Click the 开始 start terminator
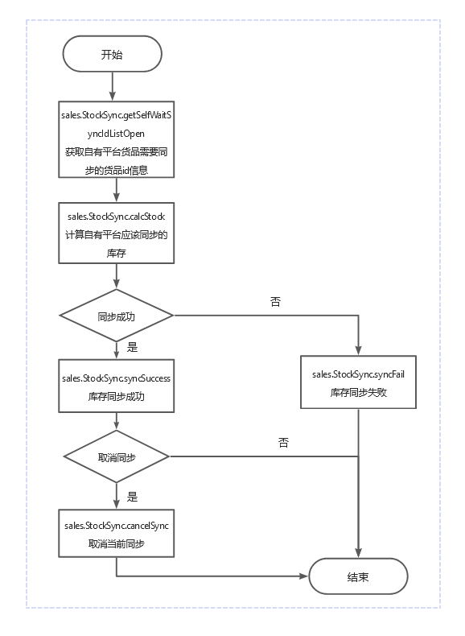(x=113, y=54)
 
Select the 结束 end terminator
(x=358, y=576)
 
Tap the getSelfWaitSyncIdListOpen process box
(x=117, y=139)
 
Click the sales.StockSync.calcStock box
(x=117, y=233)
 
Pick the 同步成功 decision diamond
(x=117, y=316)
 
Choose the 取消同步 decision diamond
(x=117, y=456)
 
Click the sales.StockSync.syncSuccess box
(x=117, y=386)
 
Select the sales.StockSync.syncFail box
(x=358, y=382)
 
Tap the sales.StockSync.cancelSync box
(x=117, y=534)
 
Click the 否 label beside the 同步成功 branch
(x=275, y=301)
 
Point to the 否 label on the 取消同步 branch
(x=283, y=442)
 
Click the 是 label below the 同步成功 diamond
(x=132, y=347)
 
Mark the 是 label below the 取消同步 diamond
(x=132, y=497)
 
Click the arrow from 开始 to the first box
(x=113, y=86)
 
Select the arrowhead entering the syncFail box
(x=358, y=351)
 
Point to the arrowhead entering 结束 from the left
(x=303, y=576)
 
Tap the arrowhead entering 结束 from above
(x=358, y=553)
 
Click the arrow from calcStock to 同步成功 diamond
(x=117, y=276)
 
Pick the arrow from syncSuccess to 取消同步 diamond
(x=117, y=421)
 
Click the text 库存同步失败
(x=358, y=393)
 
